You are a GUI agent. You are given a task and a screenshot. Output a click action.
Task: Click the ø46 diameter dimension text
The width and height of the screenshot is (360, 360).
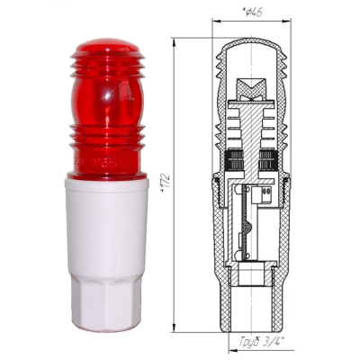(x=251, y=12)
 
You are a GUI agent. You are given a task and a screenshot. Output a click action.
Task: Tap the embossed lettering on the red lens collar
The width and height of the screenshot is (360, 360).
(x=99, y=164)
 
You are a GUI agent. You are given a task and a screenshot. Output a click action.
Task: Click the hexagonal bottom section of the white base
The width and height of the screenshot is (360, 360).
(x=107, y=303)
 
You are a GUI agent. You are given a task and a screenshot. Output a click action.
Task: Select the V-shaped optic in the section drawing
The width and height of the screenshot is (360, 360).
(x=251, y=88)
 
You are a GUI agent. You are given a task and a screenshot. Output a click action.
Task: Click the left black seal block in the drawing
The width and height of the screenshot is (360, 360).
(x=233, y=159)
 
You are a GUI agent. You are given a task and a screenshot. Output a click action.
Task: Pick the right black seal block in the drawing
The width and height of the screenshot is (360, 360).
(x=267, y=159)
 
